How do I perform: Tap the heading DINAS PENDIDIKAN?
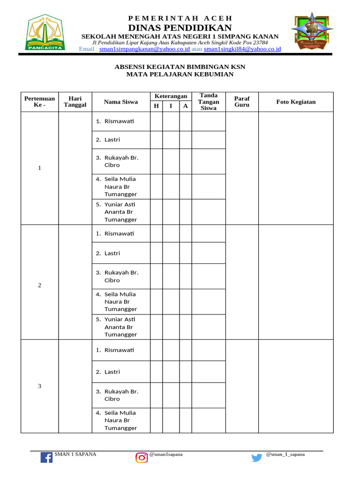[180, 27]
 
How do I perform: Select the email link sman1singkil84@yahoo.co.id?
[242, 49]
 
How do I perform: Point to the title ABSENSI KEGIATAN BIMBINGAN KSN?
[180, 67]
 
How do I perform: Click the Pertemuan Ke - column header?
[39, 102]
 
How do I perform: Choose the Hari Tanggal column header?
[75, 102]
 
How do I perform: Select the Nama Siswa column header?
[121, 102]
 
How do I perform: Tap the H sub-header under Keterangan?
[157, 106]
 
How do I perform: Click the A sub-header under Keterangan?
[186, 106]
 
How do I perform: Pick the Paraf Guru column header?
[242, 102]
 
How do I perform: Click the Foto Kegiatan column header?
[296, 102]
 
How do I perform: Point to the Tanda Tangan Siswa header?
[209, 102]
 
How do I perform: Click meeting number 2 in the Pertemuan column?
[39, 285]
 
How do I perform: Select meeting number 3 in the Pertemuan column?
[39, 386]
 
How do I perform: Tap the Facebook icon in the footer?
[46, 457]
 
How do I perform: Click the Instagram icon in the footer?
[142, 457]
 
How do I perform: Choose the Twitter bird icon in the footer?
[257, 458]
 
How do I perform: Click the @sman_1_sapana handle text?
[285, 454]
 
